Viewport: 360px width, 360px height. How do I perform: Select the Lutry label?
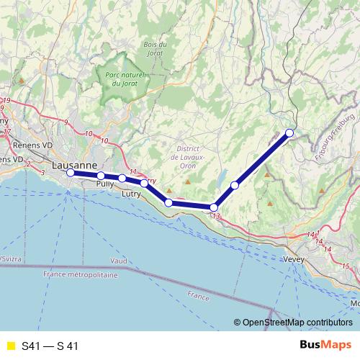[x=131, y=194]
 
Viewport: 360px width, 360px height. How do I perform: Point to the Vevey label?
[x=295, y=259]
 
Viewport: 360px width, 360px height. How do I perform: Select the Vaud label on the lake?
[x=119, y=259]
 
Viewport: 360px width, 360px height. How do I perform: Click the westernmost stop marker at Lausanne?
[x=71, y=173]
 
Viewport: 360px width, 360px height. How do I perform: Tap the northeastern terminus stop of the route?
[x=289, y=132]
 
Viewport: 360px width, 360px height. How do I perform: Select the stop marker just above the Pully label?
[x=102, y=176]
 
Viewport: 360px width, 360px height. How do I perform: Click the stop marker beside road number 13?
[x=214, y=207]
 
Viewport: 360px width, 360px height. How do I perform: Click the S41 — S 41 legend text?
[x=50, y=346]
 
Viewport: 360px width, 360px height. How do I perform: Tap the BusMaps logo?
[x=325, y=346]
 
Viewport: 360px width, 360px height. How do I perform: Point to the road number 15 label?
[x=346, y=267]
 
